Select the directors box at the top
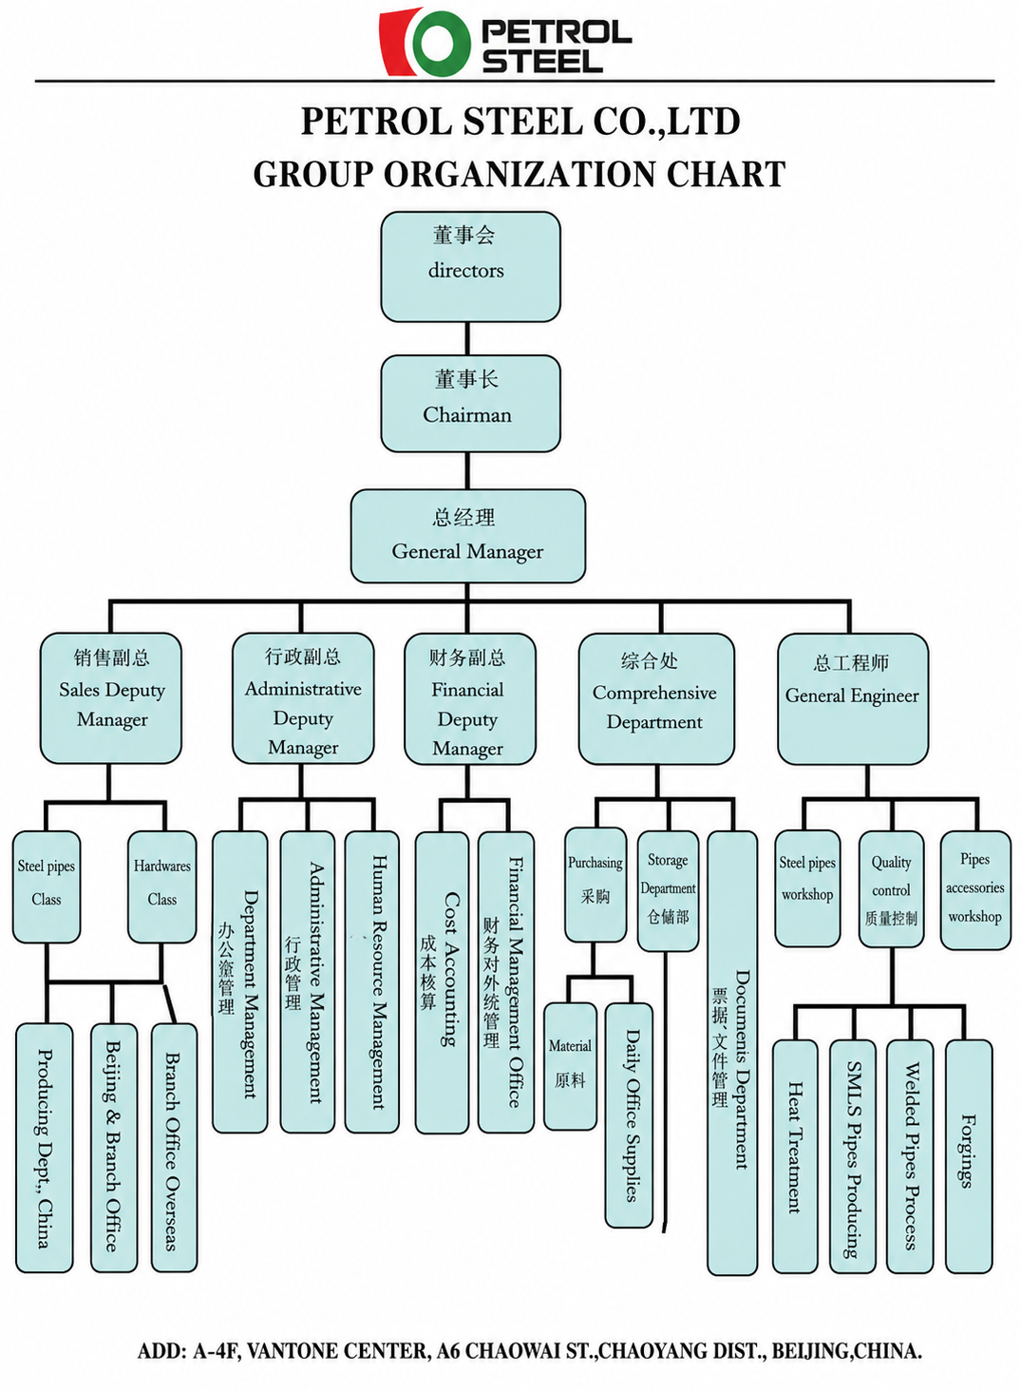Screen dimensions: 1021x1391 coord(470,267)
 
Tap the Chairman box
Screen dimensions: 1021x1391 coord(470,404)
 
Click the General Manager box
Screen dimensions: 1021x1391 coord(468,536)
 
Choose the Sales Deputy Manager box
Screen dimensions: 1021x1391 coord(111,698)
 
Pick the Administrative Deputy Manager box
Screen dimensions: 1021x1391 coord(303,698)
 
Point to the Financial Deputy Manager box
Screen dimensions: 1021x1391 coord(470,698)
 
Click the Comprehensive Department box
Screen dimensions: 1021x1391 coord(656,698)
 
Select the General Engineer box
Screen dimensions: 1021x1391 coord(854,698)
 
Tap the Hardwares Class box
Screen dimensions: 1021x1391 coord(162,886)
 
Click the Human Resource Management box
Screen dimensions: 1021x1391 coord(371,981)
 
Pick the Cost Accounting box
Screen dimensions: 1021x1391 coord(442,982)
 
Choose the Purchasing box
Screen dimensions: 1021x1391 coord(596,885)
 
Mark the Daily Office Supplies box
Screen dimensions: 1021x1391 coord(629,1115)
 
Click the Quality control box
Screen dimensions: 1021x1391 coord(891,888)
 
